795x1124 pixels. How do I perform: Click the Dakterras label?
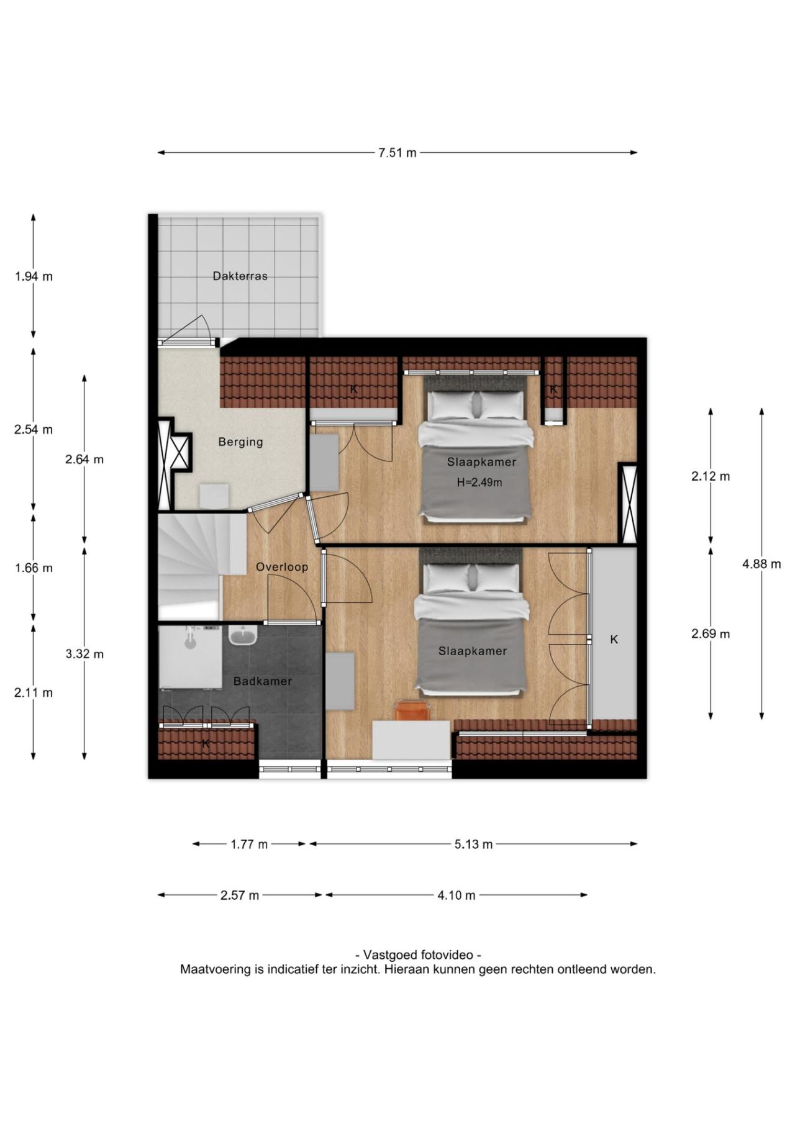coord(240,276)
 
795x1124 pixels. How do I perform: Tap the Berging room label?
coord(240,442)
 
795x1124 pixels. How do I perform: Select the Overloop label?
coord(282,567)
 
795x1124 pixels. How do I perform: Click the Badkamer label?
coord(263,681)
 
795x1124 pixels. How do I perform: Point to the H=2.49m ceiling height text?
coord(479,482)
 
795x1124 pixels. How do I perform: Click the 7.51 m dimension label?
coord(397,153)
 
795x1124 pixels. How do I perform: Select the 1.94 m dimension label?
coord(34,276)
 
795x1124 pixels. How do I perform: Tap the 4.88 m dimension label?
coord(761,564)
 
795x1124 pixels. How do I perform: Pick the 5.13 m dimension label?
coord(473,844)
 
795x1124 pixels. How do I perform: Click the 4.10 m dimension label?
coord(456,895)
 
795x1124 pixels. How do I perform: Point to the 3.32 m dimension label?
coord(84,654)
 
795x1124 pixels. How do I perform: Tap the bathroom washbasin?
coord(243,635)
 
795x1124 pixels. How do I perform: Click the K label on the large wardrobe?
coord(614,639)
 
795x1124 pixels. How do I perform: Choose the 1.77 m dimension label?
coord(249,844)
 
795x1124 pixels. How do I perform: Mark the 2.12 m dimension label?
coord(711,476)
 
